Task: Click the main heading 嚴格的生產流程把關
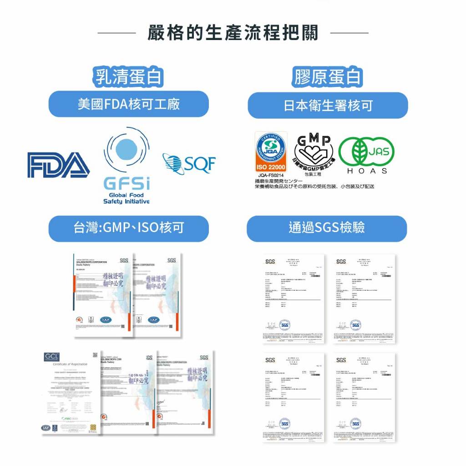(233, 33)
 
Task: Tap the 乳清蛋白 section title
(128, 77)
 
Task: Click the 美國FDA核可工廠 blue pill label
(128, 104)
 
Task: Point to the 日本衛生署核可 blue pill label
(328, 106)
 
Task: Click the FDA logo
(58, 165)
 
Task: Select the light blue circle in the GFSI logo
(127, 149)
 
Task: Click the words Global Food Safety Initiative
(126, 198)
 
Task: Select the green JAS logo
(366, 151)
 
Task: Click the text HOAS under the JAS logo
(367, 171)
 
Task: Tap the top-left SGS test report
(293, 299)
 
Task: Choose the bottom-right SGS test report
(364, 397)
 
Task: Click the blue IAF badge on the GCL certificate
(46, 428)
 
